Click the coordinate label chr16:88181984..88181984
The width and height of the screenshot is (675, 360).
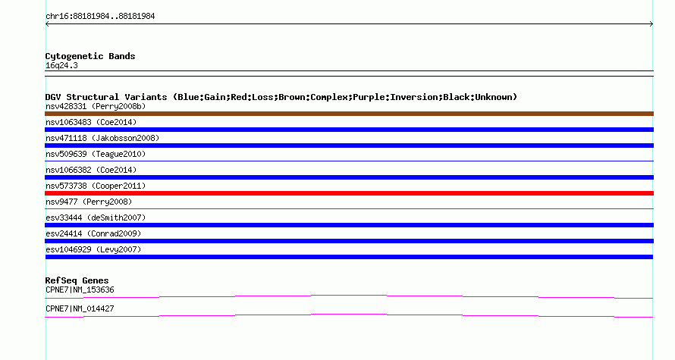pos(100,17)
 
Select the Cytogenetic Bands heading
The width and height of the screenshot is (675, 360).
pos(90,56)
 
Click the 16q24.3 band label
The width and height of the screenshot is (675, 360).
pos(61,66)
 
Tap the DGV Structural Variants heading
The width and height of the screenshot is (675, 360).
pos(281,97)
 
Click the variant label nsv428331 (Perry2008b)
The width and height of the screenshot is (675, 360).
pos(96,106)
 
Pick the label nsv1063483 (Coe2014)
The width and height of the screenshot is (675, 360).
pos(91,122)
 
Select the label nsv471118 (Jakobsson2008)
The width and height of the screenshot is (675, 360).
pos(102,138)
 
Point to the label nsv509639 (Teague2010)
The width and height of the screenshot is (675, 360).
pos(96,154)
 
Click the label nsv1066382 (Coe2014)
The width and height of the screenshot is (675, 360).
pos(91,170)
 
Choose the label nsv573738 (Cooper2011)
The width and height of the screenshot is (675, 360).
pos(96,186)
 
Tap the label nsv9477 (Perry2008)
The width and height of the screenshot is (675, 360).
pos(89,202)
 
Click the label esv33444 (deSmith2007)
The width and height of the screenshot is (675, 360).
pos(96,218)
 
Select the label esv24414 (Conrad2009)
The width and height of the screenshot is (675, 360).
pos(93,233)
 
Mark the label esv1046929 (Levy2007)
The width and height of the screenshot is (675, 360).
pos(93,249)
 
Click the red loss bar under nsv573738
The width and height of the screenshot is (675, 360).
pos(349,193)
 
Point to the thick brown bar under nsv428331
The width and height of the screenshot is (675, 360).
pos(349,114)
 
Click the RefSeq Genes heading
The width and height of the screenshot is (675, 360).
pos(77,280)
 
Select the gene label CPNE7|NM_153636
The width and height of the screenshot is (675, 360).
pos(80,290)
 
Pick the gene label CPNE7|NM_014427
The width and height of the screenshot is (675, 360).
pos(80,308)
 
